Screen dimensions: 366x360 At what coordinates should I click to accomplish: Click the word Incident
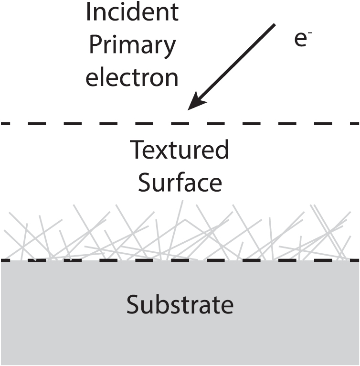pos(132,12)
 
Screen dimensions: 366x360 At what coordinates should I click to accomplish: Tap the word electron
pos(132,78)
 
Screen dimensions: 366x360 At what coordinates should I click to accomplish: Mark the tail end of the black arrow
pos(275,25)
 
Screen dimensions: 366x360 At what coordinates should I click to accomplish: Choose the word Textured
pos(180,150)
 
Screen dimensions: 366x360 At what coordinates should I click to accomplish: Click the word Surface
pos(180,182)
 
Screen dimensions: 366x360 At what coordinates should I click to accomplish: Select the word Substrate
pos(180,304)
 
